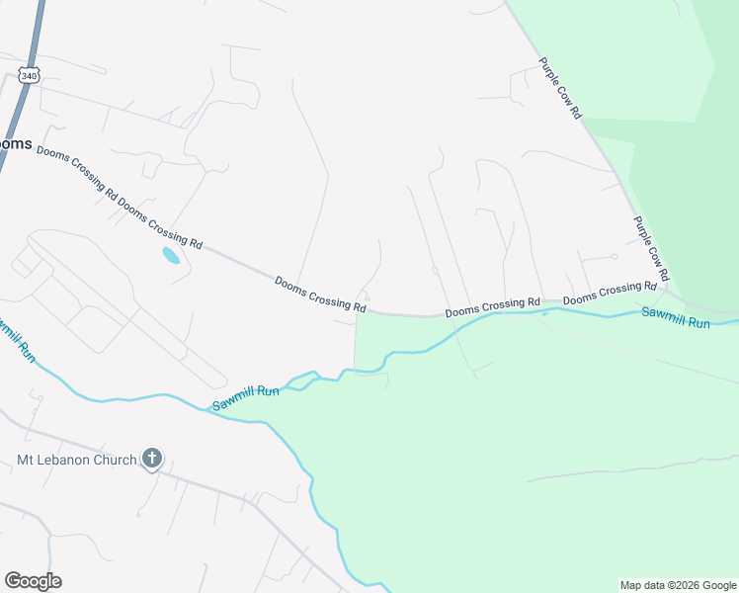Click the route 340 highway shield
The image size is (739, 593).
tap(29, 75)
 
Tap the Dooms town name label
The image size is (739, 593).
tap(15, 143)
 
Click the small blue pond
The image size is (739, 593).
tap(171, 256)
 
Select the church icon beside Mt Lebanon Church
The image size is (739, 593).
tap(151, 458)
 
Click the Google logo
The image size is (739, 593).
tap(33, 581)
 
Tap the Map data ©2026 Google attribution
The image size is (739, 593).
tap(677, 585)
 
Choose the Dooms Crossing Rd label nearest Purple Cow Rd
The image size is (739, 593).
tap(610, 293)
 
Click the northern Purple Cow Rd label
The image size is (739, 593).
tap(561, 88)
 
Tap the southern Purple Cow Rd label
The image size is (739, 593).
tap(651, 248)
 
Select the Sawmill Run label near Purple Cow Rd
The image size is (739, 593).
tap(676, 317)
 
